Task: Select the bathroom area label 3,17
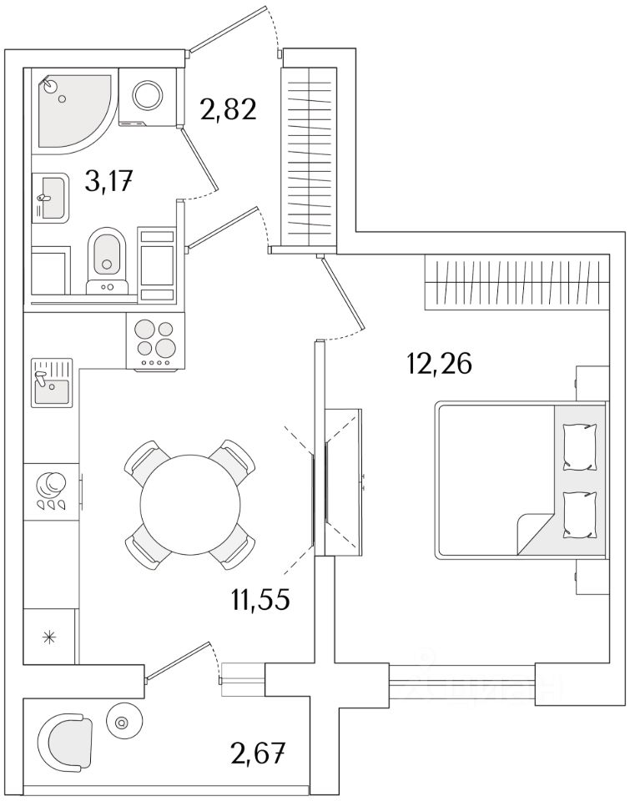point(110,180)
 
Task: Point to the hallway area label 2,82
point(226,108)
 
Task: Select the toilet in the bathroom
point(107,254)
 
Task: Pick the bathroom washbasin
point(51,198)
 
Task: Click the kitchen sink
point(52,383)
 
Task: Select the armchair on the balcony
point(66,740)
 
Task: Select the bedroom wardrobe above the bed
point(513,282)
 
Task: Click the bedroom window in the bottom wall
point(462,683)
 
